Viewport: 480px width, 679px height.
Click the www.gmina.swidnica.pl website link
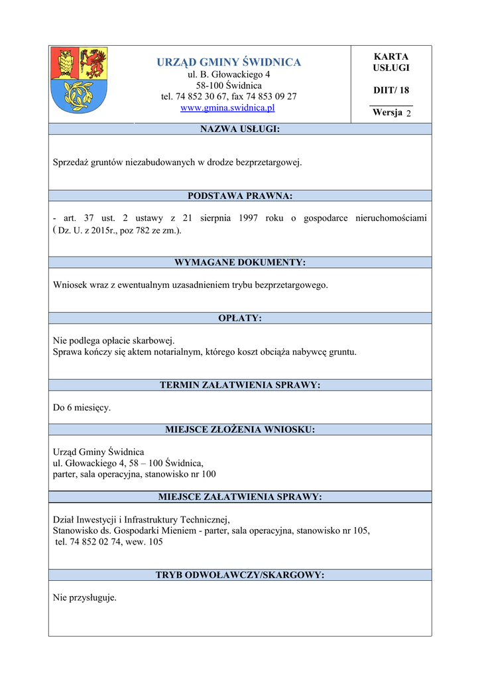(227, 107)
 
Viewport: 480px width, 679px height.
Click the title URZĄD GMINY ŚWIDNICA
(229, 62)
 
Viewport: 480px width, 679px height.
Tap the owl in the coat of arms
(65, 63)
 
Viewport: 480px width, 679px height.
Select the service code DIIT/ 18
(391, 90)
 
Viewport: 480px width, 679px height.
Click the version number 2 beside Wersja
(408, 113)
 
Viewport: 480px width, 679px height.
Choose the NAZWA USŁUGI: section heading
(240, 129)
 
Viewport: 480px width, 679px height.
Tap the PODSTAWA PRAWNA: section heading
(240, 196)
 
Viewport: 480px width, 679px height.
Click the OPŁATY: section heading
(240, 318)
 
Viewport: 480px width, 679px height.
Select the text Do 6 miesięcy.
(82, 408)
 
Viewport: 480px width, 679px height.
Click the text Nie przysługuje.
(85, 597)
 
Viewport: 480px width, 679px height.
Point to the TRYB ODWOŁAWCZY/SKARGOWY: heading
(240, 575)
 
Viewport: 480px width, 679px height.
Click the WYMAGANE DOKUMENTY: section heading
(240, 263)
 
